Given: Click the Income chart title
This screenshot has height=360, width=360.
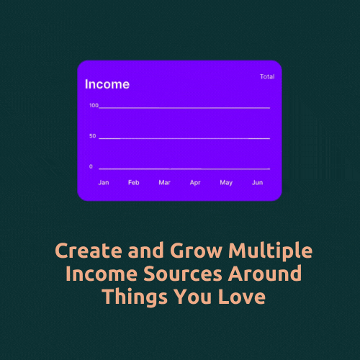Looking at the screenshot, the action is tap(107, 84).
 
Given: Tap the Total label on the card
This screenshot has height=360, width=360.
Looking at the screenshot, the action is tap(267, 76).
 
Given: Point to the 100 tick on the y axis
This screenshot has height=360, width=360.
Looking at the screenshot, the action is tap(94, 105).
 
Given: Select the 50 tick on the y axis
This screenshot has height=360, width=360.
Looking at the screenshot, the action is tap(93, 136).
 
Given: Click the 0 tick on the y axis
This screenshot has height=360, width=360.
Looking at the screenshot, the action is tap(91, 166).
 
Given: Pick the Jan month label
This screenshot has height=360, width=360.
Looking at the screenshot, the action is tap(104, 183).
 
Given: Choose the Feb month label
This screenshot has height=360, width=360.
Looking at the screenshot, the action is tap(134, 183).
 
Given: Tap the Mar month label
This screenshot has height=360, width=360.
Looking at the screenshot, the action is tap(164, 183).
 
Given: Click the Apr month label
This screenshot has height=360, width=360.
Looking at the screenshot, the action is tap(195, 183).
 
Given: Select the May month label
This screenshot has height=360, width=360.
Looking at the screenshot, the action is tap(226, 183).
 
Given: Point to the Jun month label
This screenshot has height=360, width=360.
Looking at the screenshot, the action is tap(257, 183).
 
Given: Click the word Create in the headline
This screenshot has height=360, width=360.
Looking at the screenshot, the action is tap(89, 251).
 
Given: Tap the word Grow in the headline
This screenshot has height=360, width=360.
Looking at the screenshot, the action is tap(196, 251).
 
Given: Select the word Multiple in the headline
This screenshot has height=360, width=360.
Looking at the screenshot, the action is tap(270, 251).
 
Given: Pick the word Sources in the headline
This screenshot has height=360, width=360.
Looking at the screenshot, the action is tap(183, 274).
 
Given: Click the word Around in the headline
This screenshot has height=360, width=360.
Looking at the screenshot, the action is tap(265, 273).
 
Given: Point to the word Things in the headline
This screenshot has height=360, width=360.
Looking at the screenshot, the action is tap(135, 297).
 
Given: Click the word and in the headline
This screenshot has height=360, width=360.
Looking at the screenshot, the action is tap(146, 250).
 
